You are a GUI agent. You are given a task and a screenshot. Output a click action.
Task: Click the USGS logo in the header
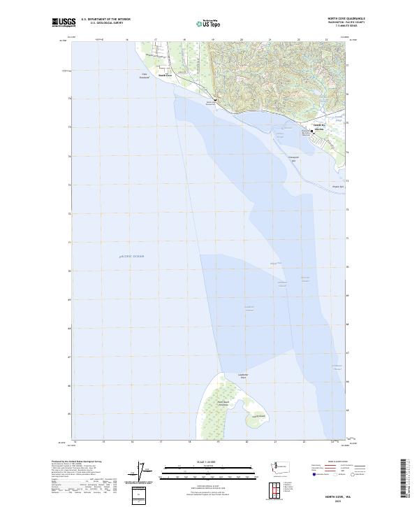coord(64,22)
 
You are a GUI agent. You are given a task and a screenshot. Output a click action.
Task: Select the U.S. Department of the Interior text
coord(105,20)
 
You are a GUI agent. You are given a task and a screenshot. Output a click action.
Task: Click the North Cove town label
coord(165,76)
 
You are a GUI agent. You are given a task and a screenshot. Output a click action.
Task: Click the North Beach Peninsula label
coord(223,404)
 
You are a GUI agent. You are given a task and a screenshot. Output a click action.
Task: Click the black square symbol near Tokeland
coord(311,131)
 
